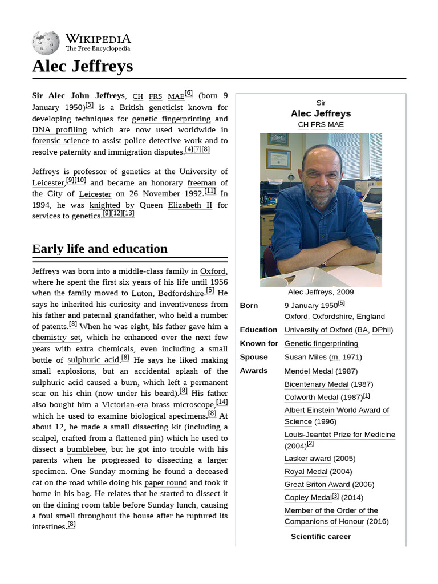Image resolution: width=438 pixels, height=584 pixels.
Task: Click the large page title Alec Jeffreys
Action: [x=82, y=66]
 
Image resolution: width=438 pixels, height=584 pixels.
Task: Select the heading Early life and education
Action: [x=100, y=249]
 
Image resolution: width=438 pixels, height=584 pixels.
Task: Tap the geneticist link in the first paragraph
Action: [x=165, y=107]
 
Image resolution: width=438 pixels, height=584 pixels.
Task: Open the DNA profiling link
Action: [x=59, y=129]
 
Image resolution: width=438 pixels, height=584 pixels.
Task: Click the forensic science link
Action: [x=60, y=141]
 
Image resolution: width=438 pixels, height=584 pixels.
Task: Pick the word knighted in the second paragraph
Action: [x=105, y=205]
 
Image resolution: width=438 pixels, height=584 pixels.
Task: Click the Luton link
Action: [x=142, y=294]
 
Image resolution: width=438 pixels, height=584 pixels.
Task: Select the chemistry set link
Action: [x=56, y=338]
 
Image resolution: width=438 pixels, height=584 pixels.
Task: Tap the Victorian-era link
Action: [x=125, y=405]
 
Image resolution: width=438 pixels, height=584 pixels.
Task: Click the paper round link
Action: [x=165, y=483]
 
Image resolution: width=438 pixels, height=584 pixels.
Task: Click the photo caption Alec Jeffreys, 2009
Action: [x=321, y=292]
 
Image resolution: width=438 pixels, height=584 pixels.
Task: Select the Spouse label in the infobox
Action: [x=254, y=357]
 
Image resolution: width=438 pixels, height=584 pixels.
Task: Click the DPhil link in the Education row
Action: [x=381, y=330]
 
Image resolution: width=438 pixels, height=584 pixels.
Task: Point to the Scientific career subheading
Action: [x=321, y=536]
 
